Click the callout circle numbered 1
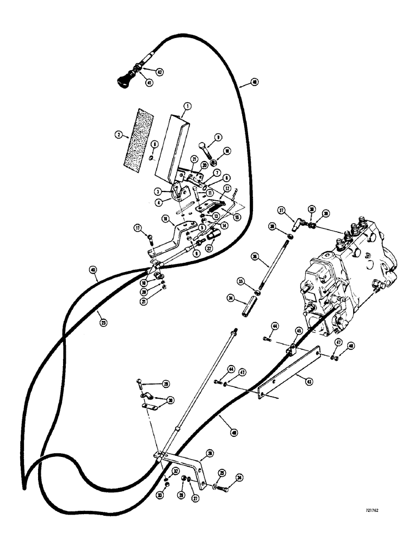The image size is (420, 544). [186, 106]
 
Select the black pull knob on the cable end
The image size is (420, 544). [121, 81]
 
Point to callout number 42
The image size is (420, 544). [159, 72]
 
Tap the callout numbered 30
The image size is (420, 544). [170, 400]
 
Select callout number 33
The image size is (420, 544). [166, 480]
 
